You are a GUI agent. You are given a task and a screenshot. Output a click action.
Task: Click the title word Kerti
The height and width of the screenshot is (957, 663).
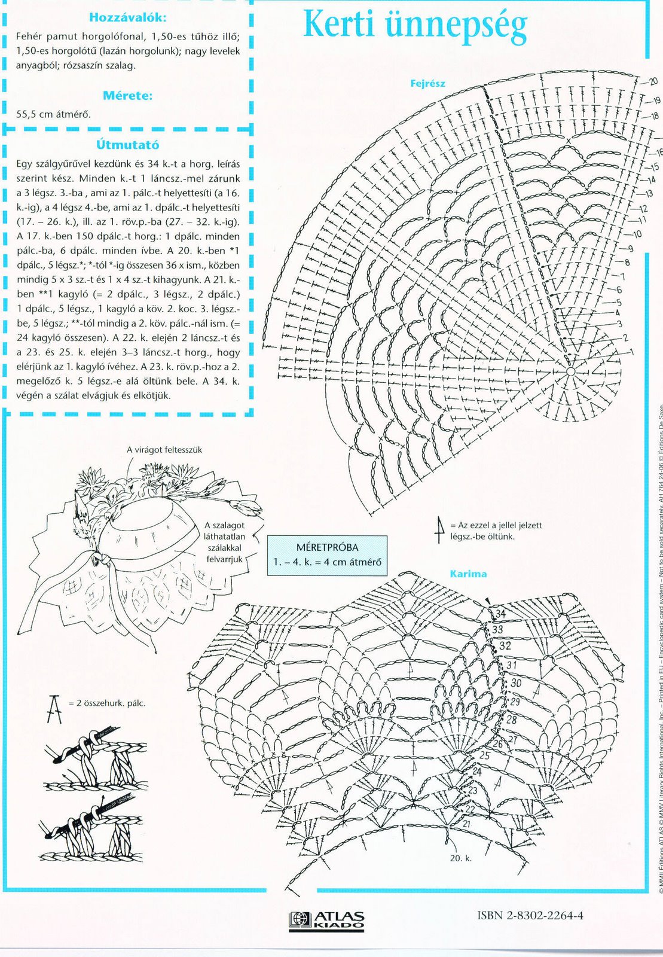[339, 26]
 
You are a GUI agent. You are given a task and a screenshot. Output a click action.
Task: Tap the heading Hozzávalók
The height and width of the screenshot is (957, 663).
[127, 18]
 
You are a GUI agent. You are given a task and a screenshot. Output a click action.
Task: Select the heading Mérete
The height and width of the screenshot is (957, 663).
[127, 96]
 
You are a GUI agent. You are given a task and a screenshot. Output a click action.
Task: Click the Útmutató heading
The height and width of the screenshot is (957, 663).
[127, 145]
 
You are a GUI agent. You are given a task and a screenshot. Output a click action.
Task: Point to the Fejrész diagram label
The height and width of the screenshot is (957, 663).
[427, 84]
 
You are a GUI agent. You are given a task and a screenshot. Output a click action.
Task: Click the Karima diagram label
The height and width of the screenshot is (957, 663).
[468, 574]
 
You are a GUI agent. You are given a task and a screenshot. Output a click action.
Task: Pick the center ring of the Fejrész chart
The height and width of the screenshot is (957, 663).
[570, 372]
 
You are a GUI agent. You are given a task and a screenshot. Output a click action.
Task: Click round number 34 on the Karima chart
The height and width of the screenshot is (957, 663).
[500, 614]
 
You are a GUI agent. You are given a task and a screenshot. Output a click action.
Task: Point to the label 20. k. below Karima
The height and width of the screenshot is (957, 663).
[461, 858]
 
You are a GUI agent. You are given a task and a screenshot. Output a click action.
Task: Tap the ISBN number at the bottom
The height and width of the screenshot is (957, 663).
[530, 916]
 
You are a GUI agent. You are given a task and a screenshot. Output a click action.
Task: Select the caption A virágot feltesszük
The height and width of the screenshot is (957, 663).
[164, 450]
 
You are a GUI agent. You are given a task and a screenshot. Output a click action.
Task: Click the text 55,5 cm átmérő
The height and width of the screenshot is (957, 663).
[54, 114]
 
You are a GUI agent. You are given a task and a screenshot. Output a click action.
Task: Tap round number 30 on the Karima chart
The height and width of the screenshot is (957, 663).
[515, 683]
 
